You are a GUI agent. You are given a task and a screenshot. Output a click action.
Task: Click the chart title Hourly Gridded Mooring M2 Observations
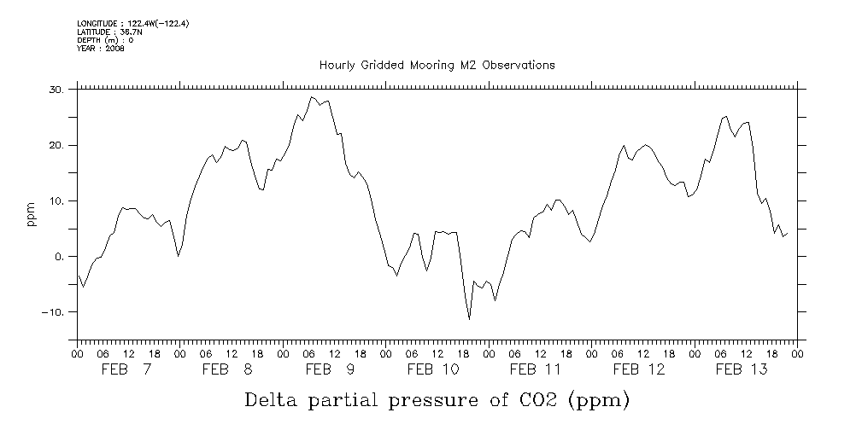(437, 65)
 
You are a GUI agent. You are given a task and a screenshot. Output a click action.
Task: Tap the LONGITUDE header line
(132, 24)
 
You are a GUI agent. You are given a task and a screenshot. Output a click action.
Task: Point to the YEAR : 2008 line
(101, 49)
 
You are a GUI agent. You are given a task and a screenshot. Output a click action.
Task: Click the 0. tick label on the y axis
(59, 257)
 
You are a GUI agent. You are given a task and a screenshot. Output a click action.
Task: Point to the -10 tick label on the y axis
(53, 312)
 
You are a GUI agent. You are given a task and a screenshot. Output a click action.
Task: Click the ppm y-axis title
(32, 214)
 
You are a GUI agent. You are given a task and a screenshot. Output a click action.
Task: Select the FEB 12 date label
(639, 369)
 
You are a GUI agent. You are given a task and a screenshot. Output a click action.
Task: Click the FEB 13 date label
(741, 369)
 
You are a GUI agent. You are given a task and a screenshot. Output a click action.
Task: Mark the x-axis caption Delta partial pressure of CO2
(437, 399)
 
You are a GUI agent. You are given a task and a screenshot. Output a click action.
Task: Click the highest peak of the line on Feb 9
(313, 97)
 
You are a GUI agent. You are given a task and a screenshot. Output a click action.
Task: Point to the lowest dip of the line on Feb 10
(469, 319)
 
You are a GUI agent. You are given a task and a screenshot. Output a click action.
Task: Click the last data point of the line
(786, 233)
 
